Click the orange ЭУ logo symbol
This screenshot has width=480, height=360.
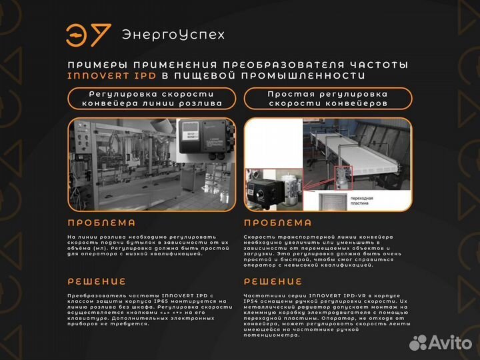coord(84,35)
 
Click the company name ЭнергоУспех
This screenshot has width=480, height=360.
coord(173,35)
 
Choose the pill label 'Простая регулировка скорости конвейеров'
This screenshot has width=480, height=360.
coord(327,99)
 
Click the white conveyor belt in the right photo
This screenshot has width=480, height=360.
coord(360,147)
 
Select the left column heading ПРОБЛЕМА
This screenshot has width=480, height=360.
coord(101,223)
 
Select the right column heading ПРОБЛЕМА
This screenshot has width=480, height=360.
coord(277,223)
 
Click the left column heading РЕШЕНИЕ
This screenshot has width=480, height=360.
coord(97,281)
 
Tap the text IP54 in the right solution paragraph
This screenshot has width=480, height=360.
coord(254,301)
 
